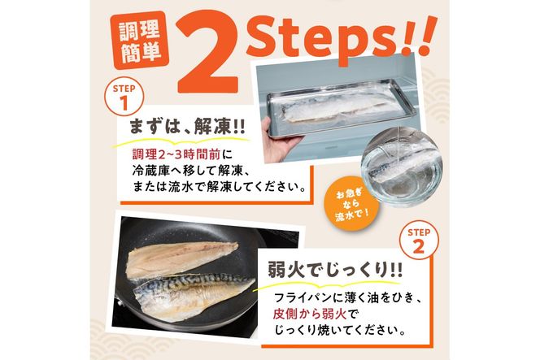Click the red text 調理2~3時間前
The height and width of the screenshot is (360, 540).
pyautogui.click(x=169, y=154)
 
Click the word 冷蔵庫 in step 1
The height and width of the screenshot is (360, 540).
pyautogui.click(x=154, y=171)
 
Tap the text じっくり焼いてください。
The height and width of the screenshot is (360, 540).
pyautogui.click(x=335, y=330)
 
